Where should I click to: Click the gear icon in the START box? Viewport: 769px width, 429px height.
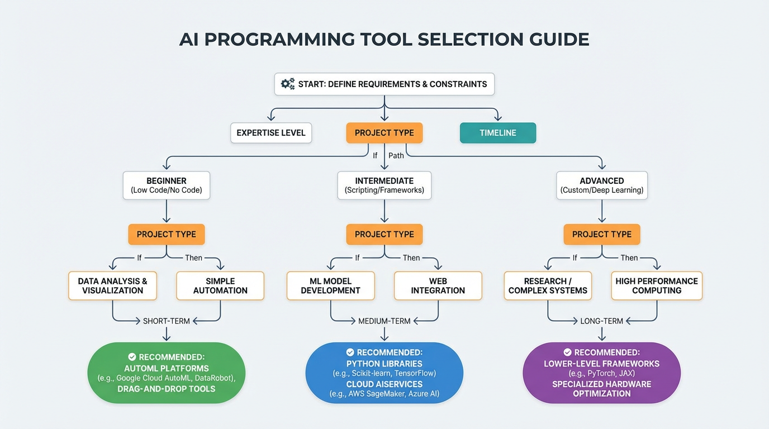[288, 84]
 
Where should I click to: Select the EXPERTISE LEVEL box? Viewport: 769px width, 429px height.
[271, 133]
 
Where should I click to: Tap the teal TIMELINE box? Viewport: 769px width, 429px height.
[497, 133]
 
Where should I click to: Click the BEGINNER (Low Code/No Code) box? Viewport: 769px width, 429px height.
[167, 185]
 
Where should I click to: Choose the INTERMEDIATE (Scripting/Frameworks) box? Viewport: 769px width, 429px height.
[385, 185]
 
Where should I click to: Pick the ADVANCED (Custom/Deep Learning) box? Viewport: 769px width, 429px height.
[602, 185]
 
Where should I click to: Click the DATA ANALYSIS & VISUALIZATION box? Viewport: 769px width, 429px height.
[112, 286]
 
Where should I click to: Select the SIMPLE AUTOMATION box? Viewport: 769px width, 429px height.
[220, 286]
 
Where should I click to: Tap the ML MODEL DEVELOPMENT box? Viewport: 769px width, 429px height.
[330, 286]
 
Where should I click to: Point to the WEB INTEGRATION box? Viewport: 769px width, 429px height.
[438, 286]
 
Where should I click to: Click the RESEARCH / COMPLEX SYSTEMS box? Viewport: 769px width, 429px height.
[548, 286]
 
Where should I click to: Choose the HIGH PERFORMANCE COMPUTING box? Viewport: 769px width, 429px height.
[657, 286]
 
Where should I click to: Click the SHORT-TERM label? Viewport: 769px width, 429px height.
[167, 321]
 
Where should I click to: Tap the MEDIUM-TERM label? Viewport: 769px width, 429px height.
[385, 321]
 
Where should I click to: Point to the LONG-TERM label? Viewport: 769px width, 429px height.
[602, 321]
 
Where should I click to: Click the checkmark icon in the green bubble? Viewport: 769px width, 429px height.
[132, 357]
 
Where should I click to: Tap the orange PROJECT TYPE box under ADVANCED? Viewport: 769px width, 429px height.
[602, 235]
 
